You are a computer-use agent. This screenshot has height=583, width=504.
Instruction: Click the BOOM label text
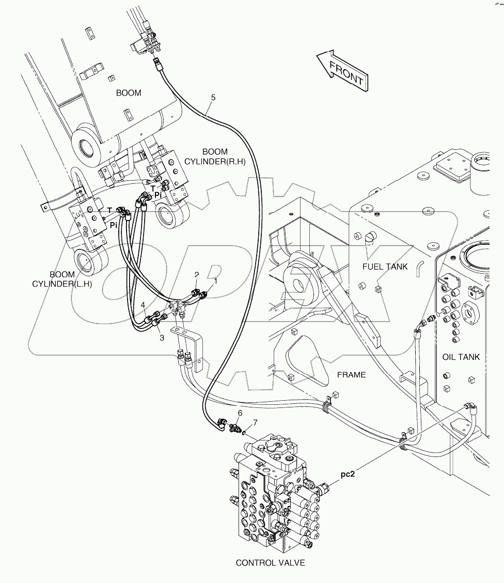[129, 93]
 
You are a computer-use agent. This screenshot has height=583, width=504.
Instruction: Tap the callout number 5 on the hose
[213, 97]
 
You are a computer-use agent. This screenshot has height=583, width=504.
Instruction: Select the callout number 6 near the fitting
[240, 413]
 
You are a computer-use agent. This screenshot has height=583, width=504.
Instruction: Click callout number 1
[216, 281]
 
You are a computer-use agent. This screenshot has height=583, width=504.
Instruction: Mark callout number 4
[143, 305]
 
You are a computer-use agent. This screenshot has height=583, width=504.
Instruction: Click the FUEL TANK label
[385, 266]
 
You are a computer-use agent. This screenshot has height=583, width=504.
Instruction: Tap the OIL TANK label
[461, 357]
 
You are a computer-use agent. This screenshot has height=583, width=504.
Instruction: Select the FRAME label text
[351, 375]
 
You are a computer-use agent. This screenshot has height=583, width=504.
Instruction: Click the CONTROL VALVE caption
[270, 563]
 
